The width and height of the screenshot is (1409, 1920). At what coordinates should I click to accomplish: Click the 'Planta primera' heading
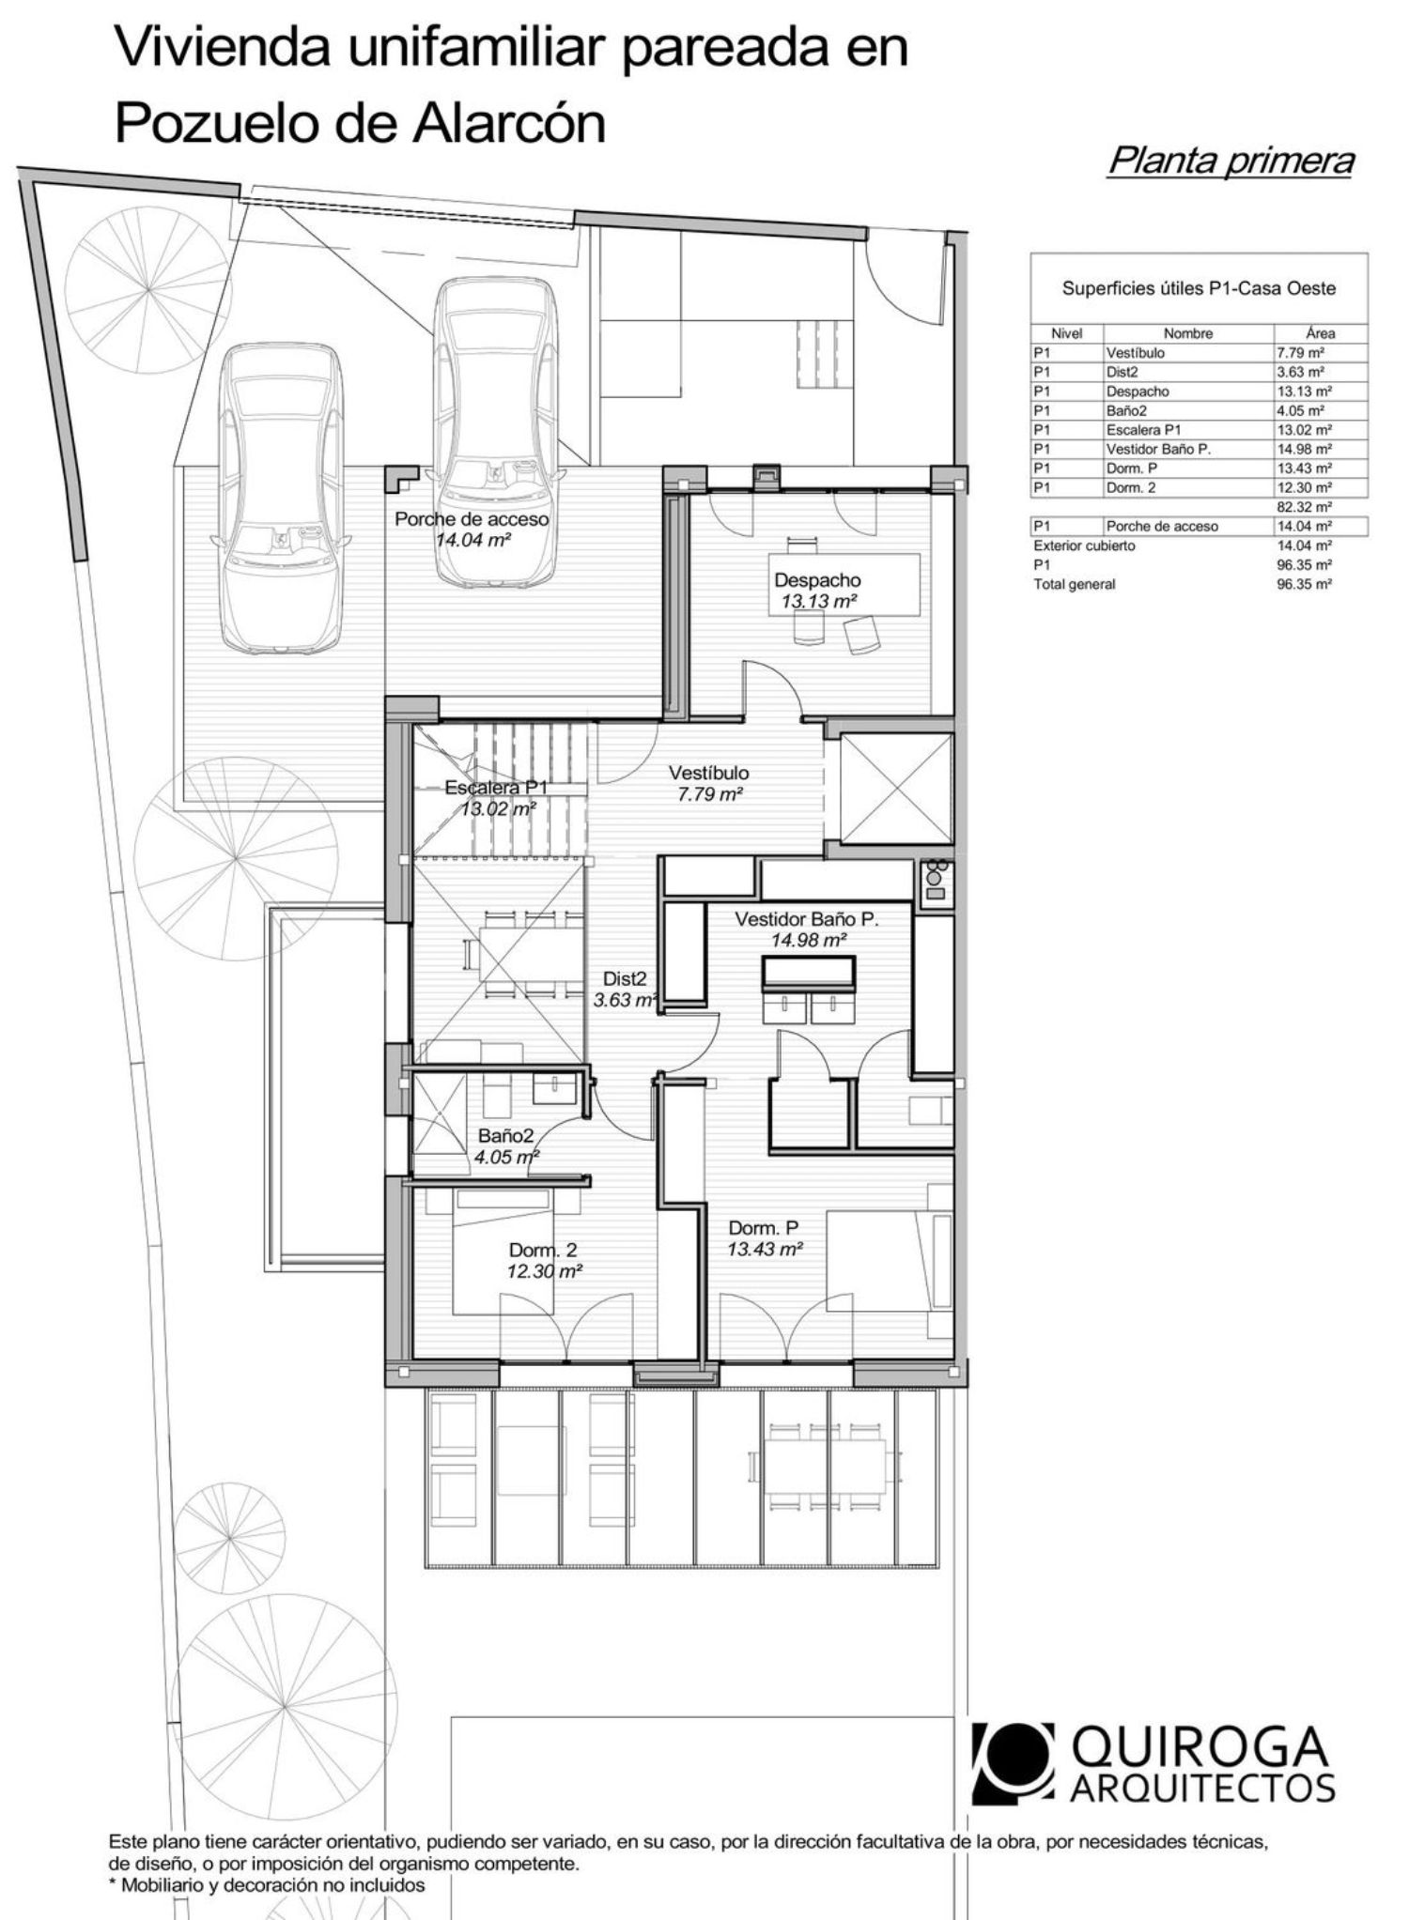tap(1231, 161)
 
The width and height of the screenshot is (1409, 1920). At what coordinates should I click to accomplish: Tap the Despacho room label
tap(817, 580)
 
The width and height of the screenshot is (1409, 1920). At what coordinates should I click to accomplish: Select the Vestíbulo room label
tap(709, 773)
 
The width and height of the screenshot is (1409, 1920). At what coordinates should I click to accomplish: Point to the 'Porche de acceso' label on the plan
tap(472, 518)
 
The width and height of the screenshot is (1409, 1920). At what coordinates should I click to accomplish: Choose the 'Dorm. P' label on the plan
tap(765, 1228)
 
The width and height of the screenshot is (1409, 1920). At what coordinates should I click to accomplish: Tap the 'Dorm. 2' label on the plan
tap(543, 1250)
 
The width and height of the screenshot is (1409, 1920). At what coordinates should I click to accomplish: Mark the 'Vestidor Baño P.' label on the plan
tap(807, 919)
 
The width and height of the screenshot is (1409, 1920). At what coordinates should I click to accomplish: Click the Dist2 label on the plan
tap(625, 979)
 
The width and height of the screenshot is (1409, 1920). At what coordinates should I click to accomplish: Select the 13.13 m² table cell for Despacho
tap(1304, 392)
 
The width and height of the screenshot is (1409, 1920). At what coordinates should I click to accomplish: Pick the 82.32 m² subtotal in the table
tap(1304, 507)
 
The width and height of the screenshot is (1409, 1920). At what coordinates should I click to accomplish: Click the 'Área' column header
tap(1321, 333)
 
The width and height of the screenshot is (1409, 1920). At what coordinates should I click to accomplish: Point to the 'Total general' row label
tap(1075, 584)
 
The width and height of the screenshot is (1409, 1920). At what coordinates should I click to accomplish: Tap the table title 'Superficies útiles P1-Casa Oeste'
tap(1199, 288)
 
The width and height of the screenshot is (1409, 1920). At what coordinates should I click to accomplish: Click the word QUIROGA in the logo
tap(1200, 1747)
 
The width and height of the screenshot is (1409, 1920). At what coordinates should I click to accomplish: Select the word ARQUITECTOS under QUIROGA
tap(1203, 1789)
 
